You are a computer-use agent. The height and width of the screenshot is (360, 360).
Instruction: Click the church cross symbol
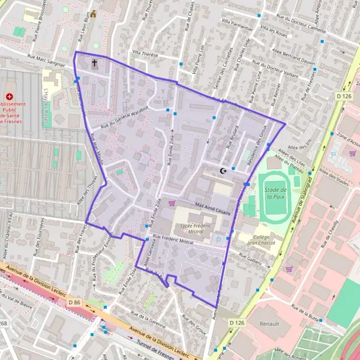(x=94, y=62)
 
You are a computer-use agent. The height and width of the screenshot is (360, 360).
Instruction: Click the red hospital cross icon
(x=9, y=97)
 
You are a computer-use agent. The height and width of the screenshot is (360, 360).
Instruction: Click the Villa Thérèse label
(x=145, y=53)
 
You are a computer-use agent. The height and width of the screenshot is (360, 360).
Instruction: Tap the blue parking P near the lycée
(x=218, y=239)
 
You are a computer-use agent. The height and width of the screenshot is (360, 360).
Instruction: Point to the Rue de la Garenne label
(x=148, y=314)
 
